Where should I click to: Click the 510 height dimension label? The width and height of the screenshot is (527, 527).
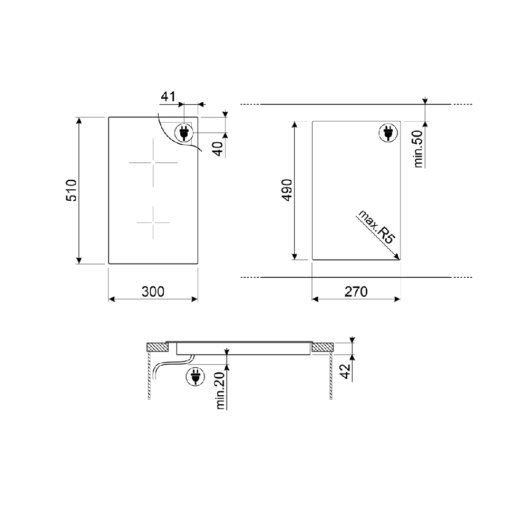(x=71, y=190)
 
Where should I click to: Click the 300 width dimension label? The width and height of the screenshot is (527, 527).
(x=153, y=291)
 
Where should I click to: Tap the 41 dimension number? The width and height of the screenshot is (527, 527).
(x=169, y=96)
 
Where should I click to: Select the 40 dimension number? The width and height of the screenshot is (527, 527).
(x=219, y=149)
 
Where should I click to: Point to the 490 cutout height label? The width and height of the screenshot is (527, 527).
(x=287, y=190)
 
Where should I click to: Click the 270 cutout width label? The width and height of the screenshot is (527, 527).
(x=356, y=291)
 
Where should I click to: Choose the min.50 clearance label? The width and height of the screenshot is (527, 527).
(x=418, y=149)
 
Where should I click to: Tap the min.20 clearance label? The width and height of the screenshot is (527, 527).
(x=220, y=391)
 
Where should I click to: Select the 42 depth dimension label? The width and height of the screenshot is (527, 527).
(x=346, y=371)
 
